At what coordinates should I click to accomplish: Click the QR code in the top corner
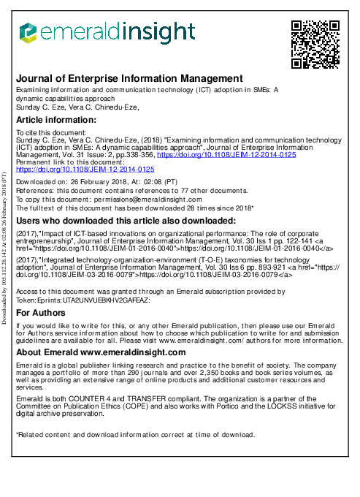tap(315, 44)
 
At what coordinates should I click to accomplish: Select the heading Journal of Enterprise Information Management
tap(129, 78)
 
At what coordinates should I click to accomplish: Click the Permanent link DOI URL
tap(85, 169)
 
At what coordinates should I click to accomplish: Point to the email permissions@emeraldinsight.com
tap(150, 200)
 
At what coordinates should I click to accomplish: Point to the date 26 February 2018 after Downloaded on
tap(99, 181)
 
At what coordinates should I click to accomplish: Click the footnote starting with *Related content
tap(135, 435)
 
